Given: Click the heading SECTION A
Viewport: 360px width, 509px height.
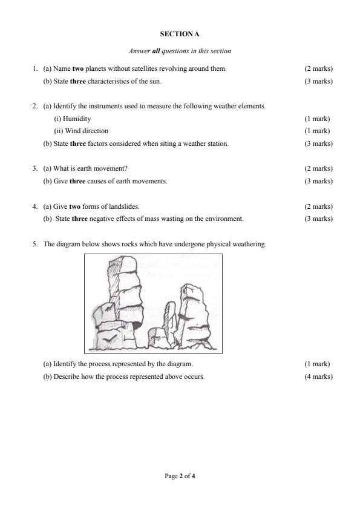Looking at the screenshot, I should [x=180, y=34].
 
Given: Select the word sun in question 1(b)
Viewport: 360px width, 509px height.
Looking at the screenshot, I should [x=155, y=81].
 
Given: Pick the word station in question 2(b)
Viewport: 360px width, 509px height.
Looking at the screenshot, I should [x=218, y=143].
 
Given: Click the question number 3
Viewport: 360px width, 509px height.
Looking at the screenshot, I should [x=35, y=168].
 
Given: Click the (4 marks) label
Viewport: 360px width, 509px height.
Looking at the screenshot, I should [x=318, y=376].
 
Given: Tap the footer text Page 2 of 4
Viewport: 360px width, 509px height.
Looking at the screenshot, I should [x=180, y=476].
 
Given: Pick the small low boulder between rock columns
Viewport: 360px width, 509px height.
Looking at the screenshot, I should [x=157, y=337].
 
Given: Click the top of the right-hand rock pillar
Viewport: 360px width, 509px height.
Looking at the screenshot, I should [x=195, y=290].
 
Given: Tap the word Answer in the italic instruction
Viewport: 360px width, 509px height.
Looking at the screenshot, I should [x=139, y=51].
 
